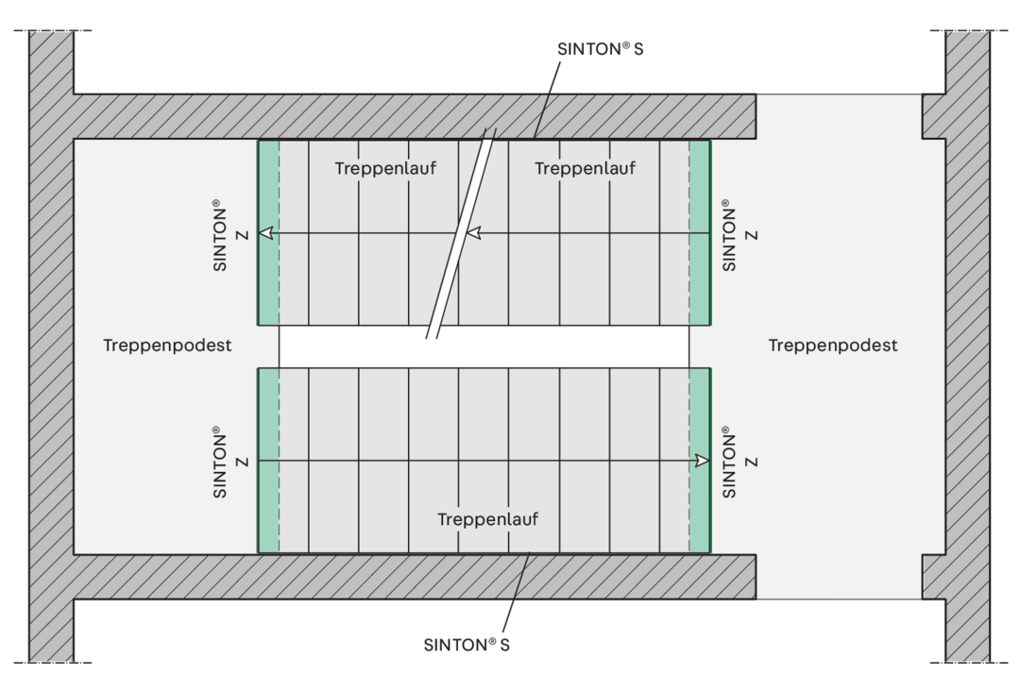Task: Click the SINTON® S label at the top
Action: tap(600, 49)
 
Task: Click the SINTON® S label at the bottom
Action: tap(467, 645)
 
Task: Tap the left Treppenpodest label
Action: tap(167, 345)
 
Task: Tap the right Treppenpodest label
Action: tap(833, 345)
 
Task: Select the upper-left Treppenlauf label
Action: tap(385, 168)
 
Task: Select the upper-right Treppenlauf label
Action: tap(585, 168)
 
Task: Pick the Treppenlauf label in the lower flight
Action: tap(487, 519)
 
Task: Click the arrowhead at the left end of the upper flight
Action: tap(266, 233)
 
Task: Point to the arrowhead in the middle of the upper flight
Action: tap(473, 232)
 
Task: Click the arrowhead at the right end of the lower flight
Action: tap(702, 461)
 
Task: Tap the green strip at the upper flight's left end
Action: tap(268, 232)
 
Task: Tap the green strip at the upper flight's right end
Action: tap(700, 232)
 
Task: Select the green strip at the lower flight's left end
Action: tap(268, 461)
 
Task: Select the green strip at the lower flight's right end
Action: tap(700, 461)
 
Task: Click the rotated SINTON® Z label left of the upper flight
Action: tap(229, 235)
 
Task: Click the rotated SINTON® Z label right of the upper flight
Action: tap(739, 235)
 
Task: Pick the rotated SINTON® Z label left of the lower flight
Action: tap(229, 462)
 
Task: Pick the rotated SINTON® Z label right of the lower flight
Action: tap(739, 462)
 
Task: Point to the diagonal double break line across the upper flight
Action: tap(461, 233)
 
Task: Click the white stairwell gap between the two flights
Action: tap(484, 346)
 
